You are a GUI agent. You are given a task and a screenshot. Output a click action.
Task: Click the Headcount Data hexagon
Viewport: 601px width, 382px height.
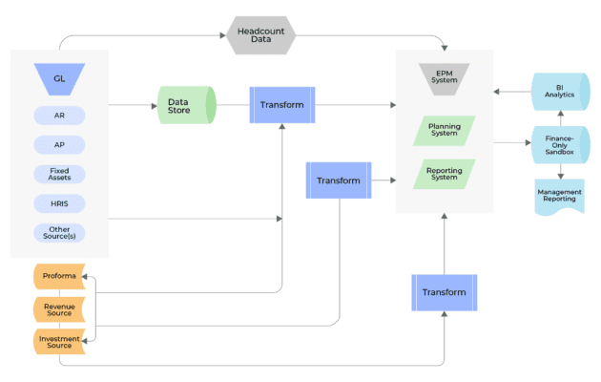pyautogui.click(x=260, y=35)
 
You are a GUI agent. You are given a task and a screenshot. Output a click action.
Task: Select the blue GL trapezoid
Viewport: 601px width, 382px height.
pyautogui.click(x=59, y=78)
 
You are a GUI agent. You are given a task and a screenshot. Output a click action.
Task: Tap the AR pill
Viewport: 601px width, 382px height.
pyautogui.click(x=59, y=116)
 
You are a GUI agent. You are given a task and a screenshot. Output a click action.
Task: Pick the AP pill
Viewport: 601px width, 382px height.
pyautogui.click(x=59, y=145)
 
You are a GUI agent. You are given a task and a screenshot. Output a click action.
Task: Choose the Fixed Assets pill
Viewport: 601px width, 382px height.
pyautogui.click(x=59, y=175)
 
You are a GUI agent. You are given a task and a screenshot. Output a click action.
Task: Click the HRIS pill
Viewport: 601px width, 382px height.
pyautogui.click(x=59, y=203)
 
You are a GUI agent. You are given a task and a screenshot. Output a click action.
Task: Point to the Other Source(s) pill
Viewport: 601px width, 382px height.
pyautogui.click(x=59, y=232)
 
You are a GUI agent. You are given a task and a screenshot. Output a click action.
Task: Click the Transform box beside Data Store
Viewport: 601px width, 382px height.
pyautogui.click(x=282, y=105)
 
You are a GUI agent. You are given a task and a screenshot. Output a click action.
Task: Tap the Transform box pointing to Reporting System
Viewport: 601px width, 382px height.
pyautogui.click(x=339, y=180)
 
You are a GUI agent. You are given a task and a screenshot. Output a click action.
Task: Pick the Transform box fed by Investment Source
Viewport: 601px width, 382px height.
pyautogui.click(x=444, y=292)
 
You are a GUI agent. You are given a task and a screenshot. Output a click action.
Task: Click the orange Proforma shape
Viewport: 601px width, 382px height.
pyautogui.click(x=59, y=277)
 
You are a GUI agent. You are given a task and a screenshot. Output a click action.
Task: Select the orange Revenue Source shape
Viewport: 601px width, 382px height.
pyautogui.click(x=59, y=308)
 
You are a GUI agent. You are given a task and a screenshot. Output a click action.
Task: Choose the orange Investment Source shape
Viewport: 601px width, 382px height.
pyautogui.click(x=59, y=340)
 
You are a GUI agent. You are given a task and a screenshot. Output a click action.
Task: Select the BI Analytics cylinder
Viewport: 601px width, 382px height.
pyautogui.click(x=560, y=92)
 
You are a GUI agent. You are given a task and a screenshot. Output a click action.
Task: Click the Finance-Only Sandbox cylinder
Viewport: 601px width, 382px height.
pyautogui.click(x=560, y=144)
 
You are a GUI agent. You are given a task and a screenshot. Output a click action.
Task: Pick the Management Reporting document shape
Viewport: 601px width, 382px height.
pyautogui.click(x=560, y=196)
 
